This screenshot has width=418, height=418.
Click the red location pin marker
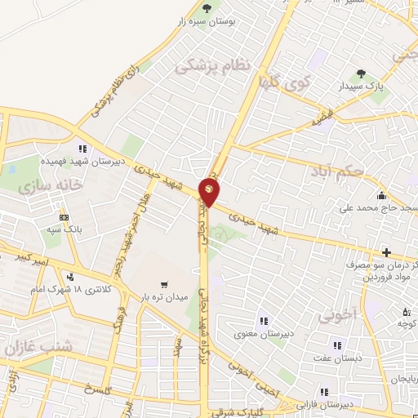(209, 193)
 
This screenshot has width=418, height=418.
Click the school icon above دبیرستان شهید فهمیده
(82, 149)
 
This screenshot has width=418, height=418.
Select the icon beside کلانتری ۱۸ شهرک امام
(71, 277)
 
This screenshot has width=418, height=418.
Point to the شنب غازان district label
(38, 346)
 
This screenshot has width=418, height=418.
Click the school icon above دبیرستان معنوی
(263, 320)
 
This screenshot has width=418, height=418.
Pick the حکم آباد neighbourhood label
(335, 172)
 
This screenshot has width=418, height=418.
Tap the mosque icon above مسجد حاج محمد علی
(381, 195)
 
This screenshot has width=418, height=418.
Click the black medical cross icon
(387, 251)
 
